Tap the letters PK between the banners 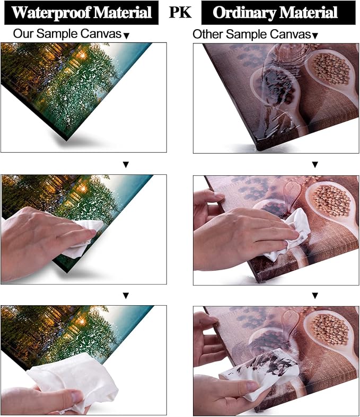pos(180,12)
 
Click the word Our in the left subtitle pos(23,34)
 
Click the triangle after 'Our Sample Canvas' pos(127,36)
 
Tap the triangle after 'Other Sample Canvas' pos(315,36)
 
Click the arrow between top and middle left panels pos(126,165)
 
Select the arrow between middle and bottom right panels pos(315,296)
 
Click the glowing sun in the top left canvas pos(82,55)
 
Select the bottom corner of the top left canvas pos(66,140)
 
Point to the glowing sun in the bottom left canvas pos(81,321)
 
